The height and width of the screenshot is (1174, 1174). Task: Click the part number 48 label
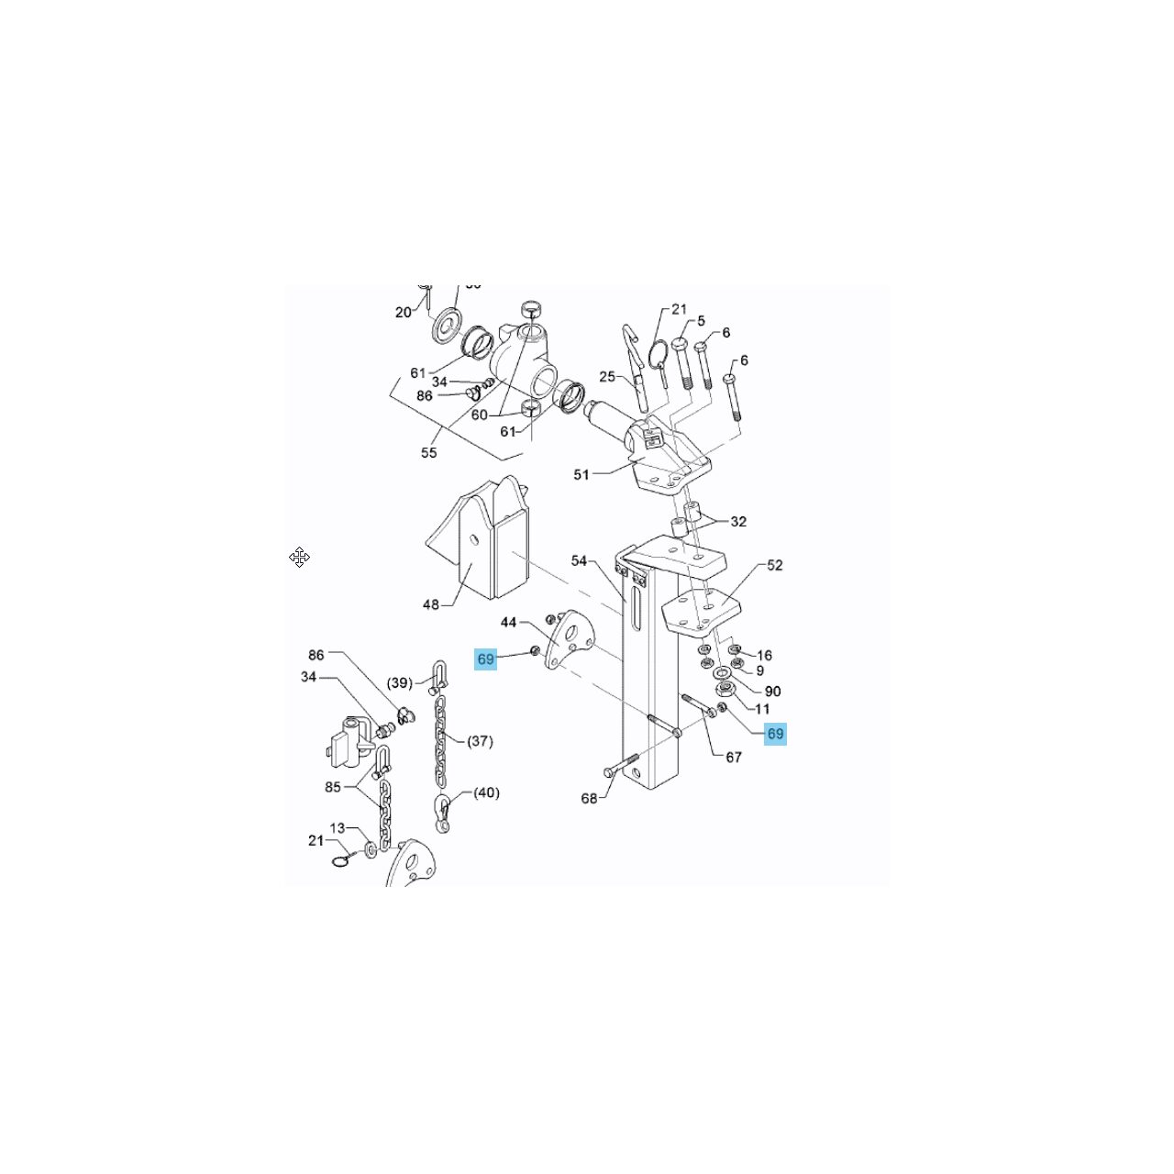point(431,604)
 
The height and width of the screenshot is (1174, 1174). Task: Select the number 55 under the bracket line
point(429,452)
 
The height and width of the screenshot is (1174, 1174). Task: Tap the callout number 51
point(581,474)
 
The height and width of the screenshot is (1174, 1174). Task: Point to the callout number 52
point(775,565)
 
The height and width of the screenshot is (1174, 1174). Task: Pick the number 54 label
point(579,560)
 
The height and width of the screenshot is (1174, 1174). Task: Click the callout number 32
point(738,521)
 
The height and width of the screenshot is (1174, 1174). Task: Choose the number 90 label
point(772,691)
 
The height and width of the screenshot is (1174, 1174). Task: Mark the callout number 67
point(734,757)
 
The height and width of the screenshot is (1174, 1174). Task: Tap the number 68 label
point(589,798)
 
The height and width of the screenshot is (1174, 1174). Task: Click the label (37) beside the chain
point(480,740)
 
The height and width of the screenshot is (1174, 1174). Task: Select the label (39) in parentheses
point(400,682)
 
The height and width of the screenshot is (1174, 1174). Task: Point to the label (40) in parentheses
point(486,792)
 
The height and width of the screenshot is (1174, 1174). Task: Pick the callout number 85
point(333,787)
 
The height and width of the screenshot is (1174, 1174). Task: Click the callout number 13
point(338,828)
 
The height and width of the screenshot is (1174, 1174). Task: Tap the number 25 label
point(607,376)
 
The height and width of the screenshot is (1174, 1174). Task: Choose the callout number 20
point(404,312)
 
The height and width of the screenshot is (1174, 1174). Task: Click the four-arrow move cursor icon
point(300,557)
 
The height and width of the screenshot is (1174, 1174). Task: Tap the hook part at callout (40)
point(443,813)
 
